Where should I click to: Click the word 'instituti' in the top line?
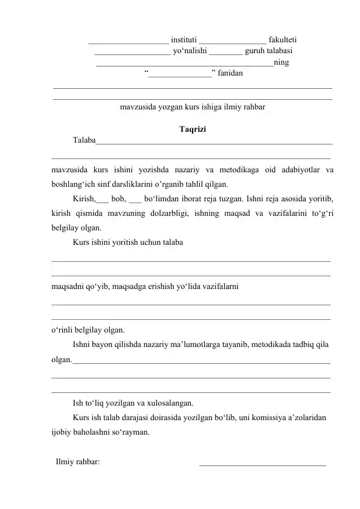click(184, 40)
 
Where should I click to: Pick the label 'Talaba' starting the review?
click(84, 141)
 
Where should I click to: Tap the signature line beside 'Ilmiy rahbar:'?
click(262, 464)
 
